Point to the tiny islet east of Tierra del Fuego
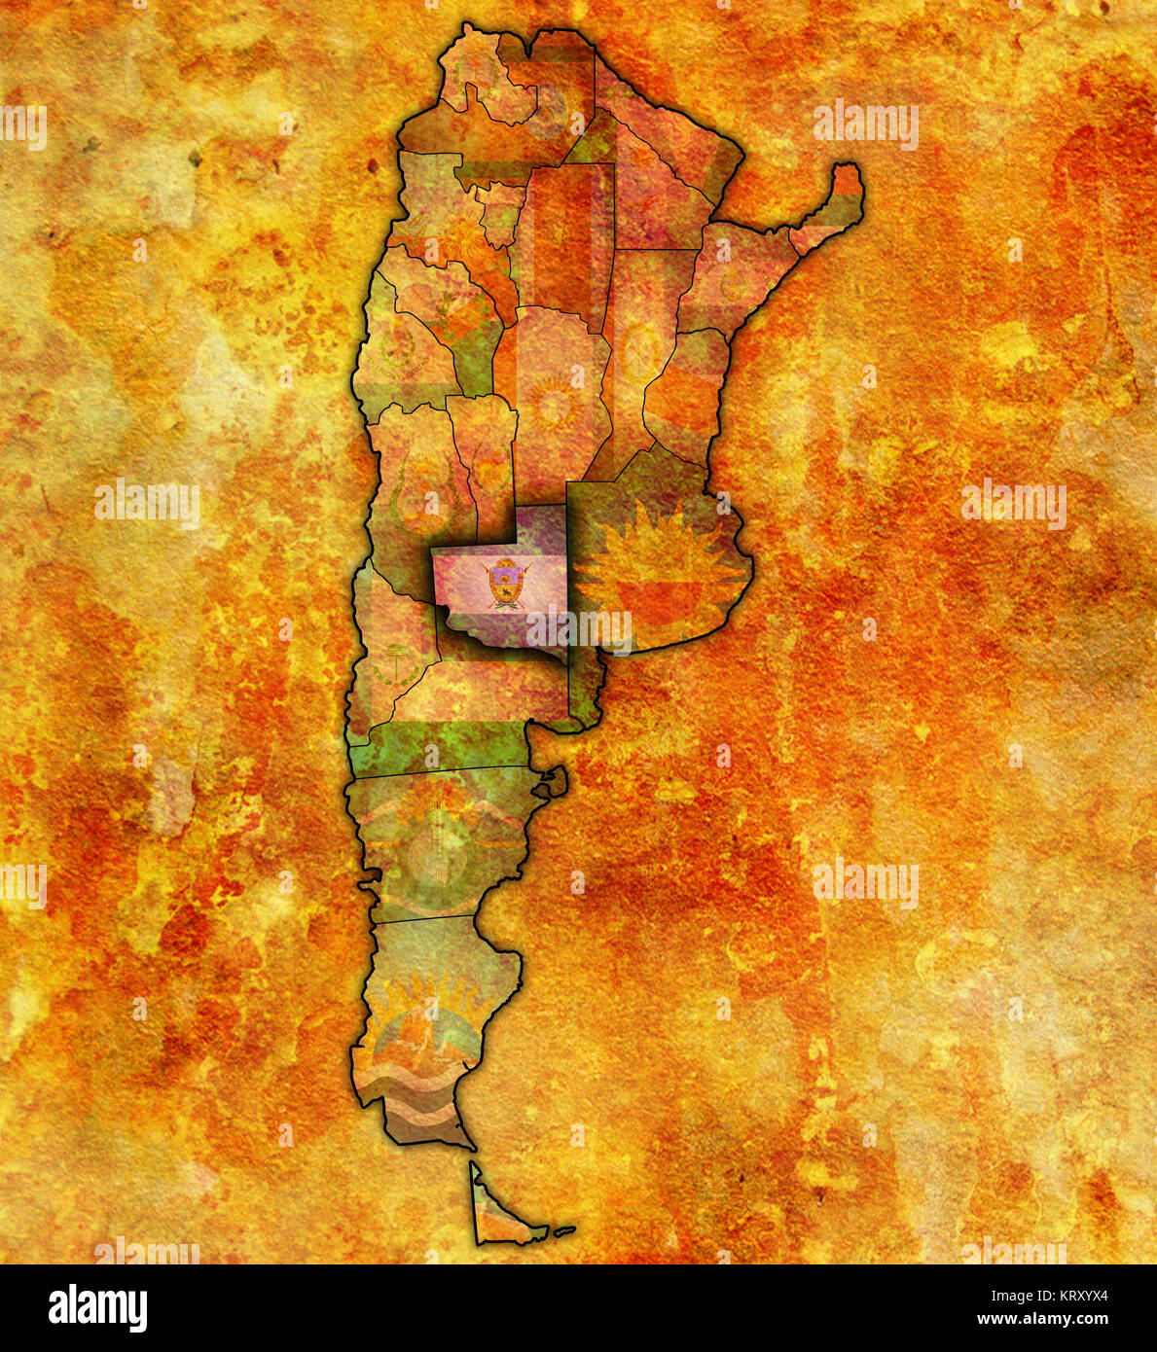click(564, 1230)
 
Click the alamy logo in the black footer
click(98, 1308)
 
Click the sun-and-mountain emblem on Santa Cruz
click(428, 1031)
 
